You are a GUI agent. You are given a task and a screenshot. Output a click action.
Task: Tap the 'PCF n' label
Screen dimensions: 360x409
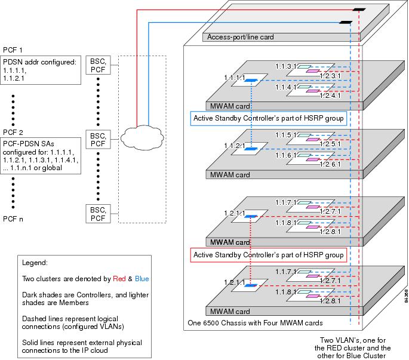(14, 219)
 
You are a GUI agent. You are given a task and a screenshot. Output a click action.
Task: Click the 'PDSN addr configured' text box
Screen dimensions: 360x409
(41, 69)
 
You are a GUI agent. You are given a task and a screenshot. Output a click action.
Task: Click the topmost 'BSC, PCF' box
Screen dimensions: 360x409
(98, 65)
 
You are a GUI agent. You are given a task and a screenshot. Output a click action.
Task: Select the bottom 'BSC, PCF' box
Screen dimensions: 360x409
(98, 213)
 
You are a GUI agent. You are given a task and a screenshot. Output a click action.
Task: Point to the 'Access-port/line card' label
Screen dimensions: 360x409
(241, 37)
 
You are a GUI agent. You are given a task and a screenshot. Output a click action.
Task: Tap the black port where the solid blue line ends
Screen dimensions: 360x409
(345, 23)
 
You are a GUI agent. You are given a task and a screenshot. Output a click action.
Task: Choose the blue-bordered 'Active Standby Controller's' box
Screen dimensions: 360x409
(268, 119)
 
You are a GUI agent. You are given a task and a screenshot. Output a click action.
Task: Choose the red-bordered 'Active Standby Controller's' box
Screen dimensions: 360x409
(268, 255)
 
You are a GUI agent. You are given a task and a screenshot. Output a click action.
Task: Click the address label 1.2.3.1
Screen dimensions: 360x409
(330, 76)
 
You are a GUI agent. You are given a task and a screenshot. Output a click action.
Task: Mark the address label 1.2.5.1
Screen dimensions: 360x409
(330, 144)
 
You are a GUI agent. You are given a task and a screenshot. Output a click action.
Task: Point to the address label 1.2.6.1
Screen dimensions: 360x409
(330, 164)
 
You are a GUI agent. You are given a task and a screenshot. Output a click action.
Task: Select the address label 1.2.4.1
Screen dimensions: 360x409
(330, 96)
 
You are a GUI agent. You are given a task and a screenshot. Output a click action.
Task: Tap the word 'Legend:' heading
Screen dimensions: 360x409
(35, 263)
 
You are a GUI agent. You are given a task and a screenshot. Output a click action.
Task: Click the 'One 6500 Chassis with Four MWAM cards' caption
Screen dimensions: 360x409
(254, 323)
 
